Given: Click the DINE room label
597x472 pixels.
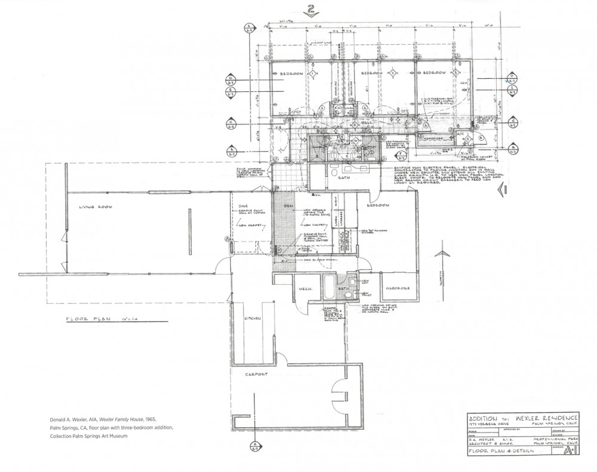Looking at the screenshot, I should [235, 206].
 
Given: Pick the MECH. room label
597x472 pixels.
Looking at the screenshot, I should [306, 289].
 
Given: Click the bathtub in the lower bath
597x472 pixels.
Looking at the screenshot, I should [328, 284].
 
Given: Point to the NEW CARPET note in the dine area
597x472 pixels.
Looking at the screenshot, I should [249, 225].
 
